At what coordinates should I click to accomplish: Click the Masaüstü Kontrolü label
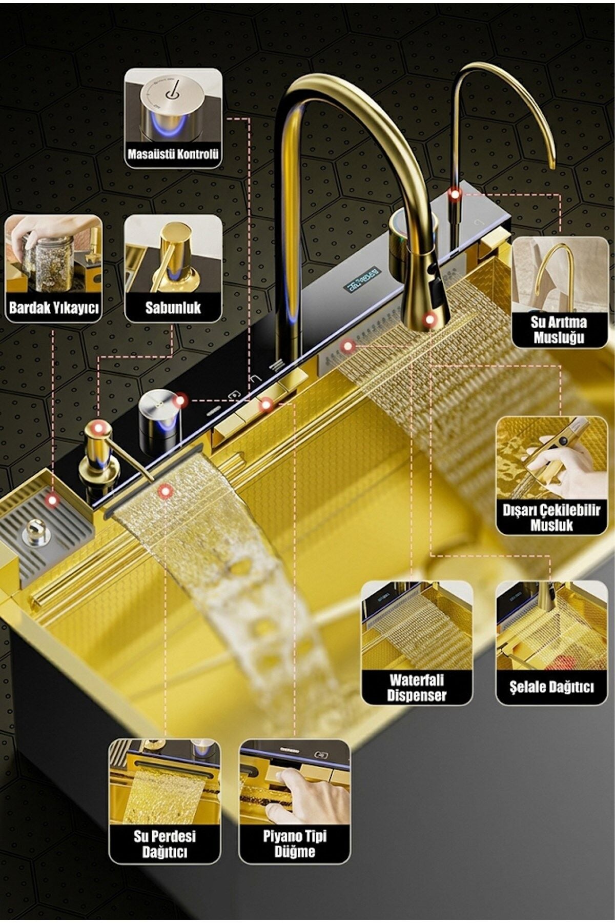173,154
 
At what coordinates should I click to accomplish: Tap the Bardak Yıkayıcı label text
54,308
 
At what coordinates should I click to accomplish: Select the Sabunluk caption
173,308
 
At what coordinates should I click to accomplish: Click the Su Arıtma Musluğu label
559,330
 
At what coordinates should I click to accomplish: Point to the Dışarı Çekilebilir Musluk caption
551,517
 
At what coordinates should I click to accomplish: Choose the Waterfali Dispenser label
417,688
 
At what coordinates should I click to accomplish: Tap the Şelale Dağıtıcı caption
551,687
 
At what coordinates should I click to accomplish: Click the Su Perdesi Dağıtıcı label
165,844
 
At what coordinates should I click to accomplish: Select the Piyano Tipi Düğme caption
295,844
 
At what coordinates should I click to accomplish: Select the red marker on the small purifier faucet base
455,193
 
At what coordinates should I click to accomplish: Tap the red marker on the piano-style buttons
265,405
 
